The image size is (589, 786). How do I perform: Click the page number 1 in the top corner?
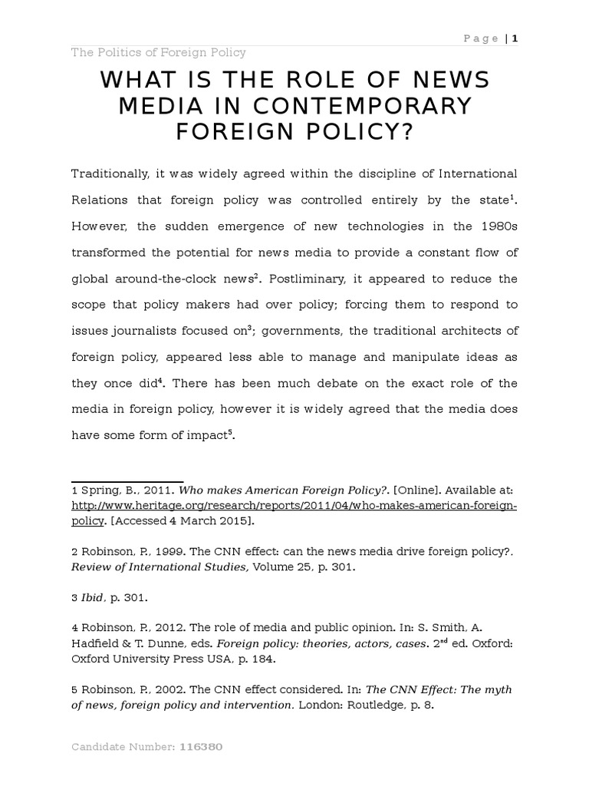click(x=515, y=38)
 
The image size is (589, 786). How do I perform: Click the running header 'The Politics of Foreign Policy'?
click(x=158, y=52)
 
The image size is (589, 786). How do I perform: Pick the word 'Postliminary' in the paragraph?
click(x=299, y=279)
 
